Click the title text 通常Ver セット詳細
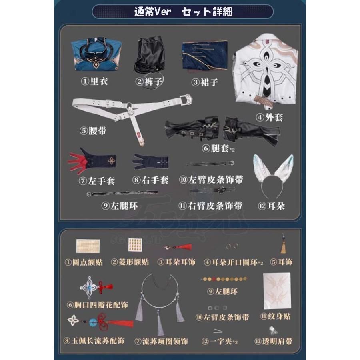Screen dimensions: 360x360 point(183,12)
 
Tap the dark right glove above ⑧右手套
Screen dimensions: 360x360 point(150,162)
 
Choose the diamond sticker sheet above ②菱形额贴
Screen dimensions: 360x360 point(129,248)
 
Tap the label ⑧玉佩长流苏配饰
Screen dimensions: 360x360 point(94,341)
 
